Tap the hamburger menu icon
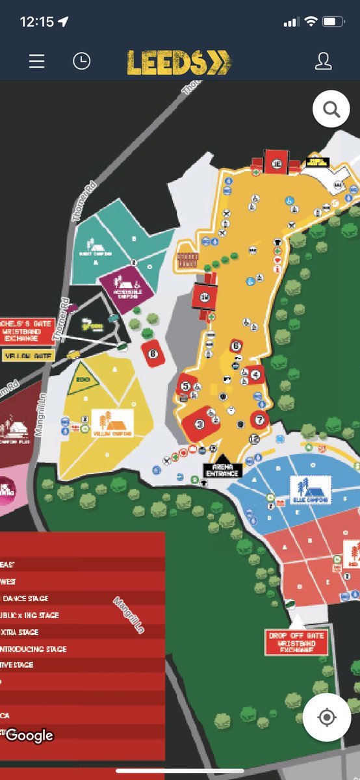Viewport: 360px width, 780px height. click(x=37, y=61)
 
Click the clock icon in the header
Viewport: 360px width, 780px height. click(x=81, y=61)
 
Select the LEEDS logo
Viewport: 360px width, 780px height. click(x=179, y=62)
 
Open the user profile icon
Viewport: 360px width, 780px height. click(x=323, y=61)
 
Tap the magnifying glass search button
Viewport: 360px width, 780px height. click(x=331, y=110)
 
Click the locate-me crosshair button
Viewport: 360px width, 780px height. click(x=326, y=717)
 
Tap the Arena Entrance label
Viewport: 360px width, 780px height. click(x=222, y=471)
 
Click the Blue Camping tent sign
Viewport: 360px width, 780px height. click(x=311, y=489)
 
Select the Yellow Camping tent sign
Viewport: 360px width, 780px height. click(x=112, y=423)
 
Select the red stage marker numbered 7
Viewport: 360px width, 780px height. click(x=260, y=419)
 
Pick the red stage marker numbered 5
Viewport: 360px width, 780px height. click(x=186, y=386)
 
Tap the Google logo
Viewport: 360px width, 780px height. click(x=29, y=735)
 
